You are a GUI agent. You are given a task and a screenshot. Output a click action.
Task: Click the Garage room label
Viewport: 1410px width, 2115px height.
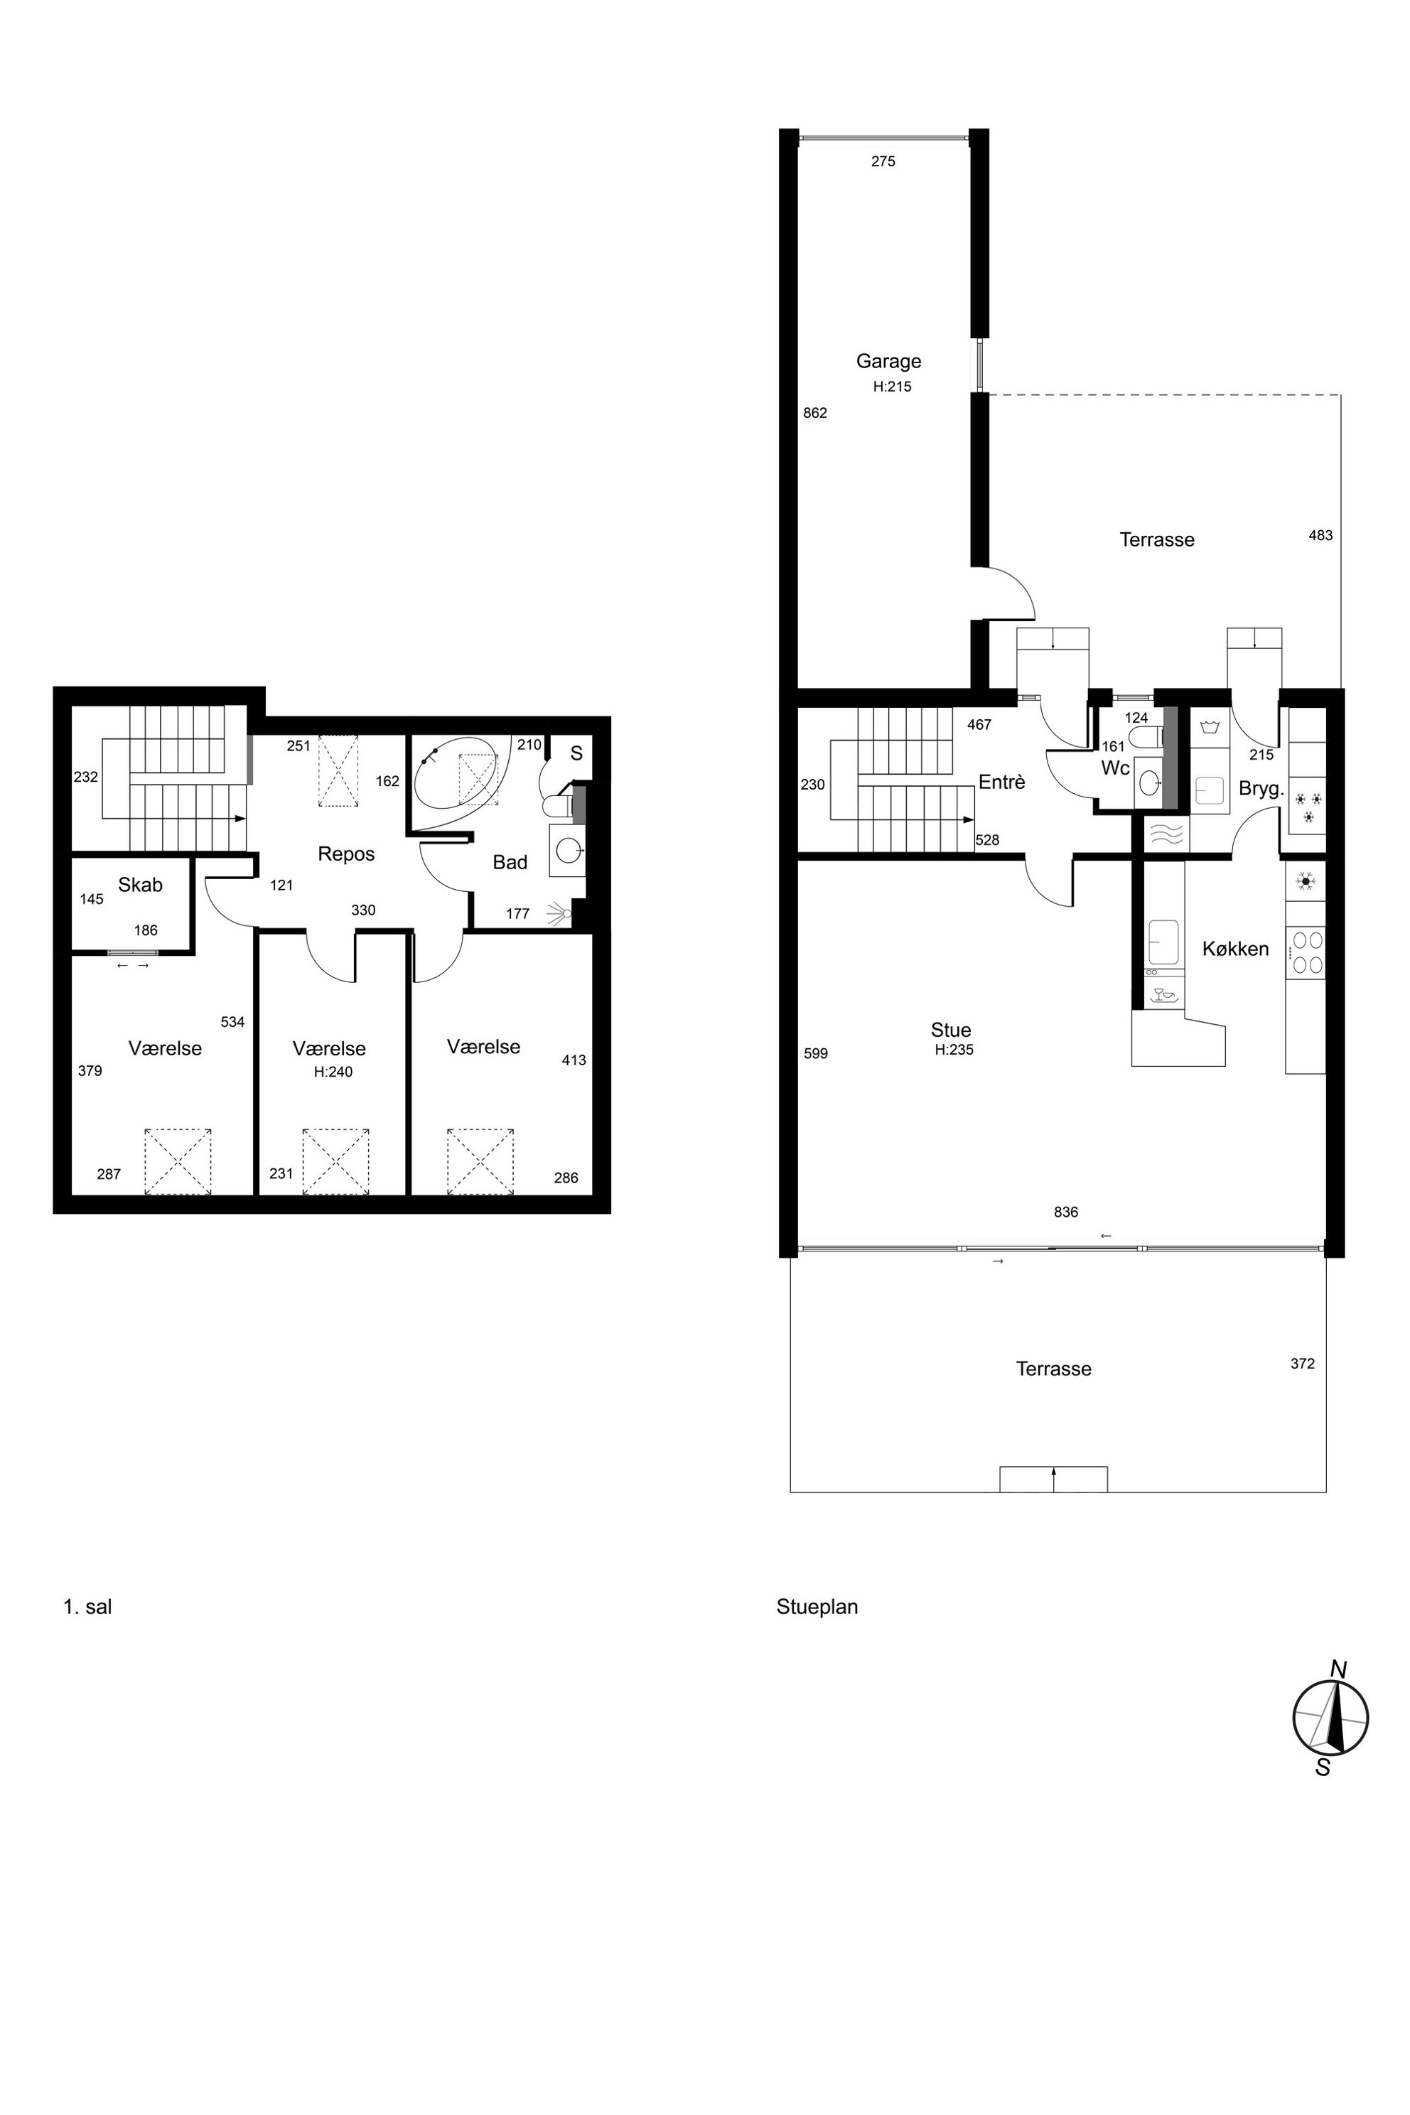[888, 362]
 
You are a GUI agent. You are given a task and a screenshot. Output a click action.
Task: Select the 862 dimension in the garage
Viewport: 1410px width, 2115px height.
[814, 414]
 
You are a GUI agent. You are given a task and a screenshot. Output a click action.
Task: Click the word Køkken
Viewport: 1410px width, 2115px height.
[1236, 949]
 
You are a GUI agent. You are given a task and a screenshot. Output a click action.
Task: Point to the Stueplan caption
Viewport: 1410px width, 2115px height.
[817, 1607]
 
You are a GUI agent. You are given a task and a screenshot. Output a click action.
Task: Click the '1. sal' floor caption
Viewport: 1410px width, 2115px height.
[87, 1607]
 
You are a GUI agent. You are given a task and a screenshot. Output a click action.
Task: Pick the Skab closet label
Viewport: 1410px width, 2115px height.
[140, 885]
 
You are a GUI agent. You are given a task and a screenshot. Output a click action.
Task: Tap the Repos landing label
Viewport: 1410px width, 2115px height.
[346, 854]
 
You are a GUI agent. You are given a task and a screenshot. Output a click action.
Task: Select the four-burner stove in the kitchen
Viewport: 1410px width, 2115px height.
[1306, 952]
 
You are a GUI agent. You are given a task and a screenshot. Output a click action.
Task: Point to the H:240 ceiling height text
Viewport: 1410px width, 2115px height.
[333, 1072]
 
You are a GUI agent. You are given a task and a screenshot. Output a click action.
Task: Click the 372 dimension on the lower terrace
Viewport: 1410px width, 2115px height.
[1302, 1364]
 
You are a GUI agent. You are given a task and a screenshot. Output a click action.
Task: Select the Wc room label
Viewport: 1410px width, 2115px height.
[1115, 769]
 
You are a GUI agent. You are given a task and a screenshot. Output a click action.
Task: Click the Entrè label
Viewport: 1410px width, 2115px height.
[1002, 782]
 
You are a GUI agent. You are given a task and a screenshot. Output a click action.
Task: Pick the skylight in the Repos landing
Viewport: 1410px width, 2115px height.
[339, 773]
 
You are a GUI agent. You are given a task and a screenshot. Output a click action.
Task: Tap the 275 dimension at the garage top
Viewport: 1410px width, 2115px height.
[883, 162]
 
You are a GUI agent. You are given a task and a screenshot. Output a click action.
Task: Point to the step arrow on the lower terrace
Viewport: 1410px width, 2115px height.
[1053, 1479]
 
